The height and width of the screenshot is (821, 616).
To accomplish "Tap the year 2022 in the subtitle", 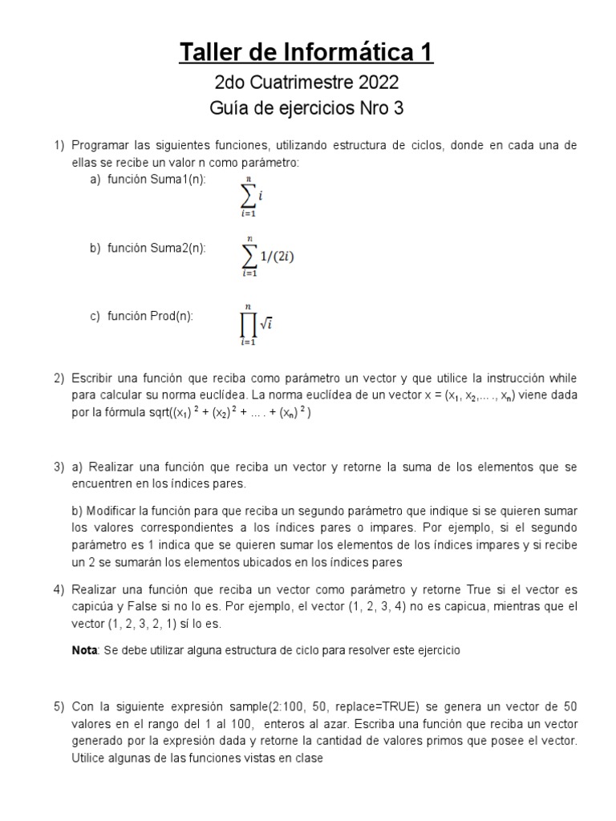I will pyautogui.click(x=372, y=83).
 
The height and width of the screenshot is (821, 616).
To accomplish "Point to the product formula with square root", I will pyautogui.click(x=256, y=324).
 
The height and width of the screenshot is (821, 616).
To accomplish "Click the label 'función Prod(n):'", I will pyautogui.click(x=150, y=316).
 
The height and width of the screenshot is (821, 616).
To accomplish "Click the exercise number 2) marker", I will pyautogui.click(x=59, y=378).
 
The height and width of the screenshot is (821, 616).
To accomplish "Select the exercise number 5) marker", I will pyautogui.click(x=59, y=706).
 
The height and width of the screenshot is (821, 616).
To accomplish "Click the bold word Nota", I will pyautogui.click(x=83, y=649).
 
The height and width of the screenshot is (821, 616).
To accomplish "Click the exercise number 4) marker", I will pyautogui.click(x=59, y=589).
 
